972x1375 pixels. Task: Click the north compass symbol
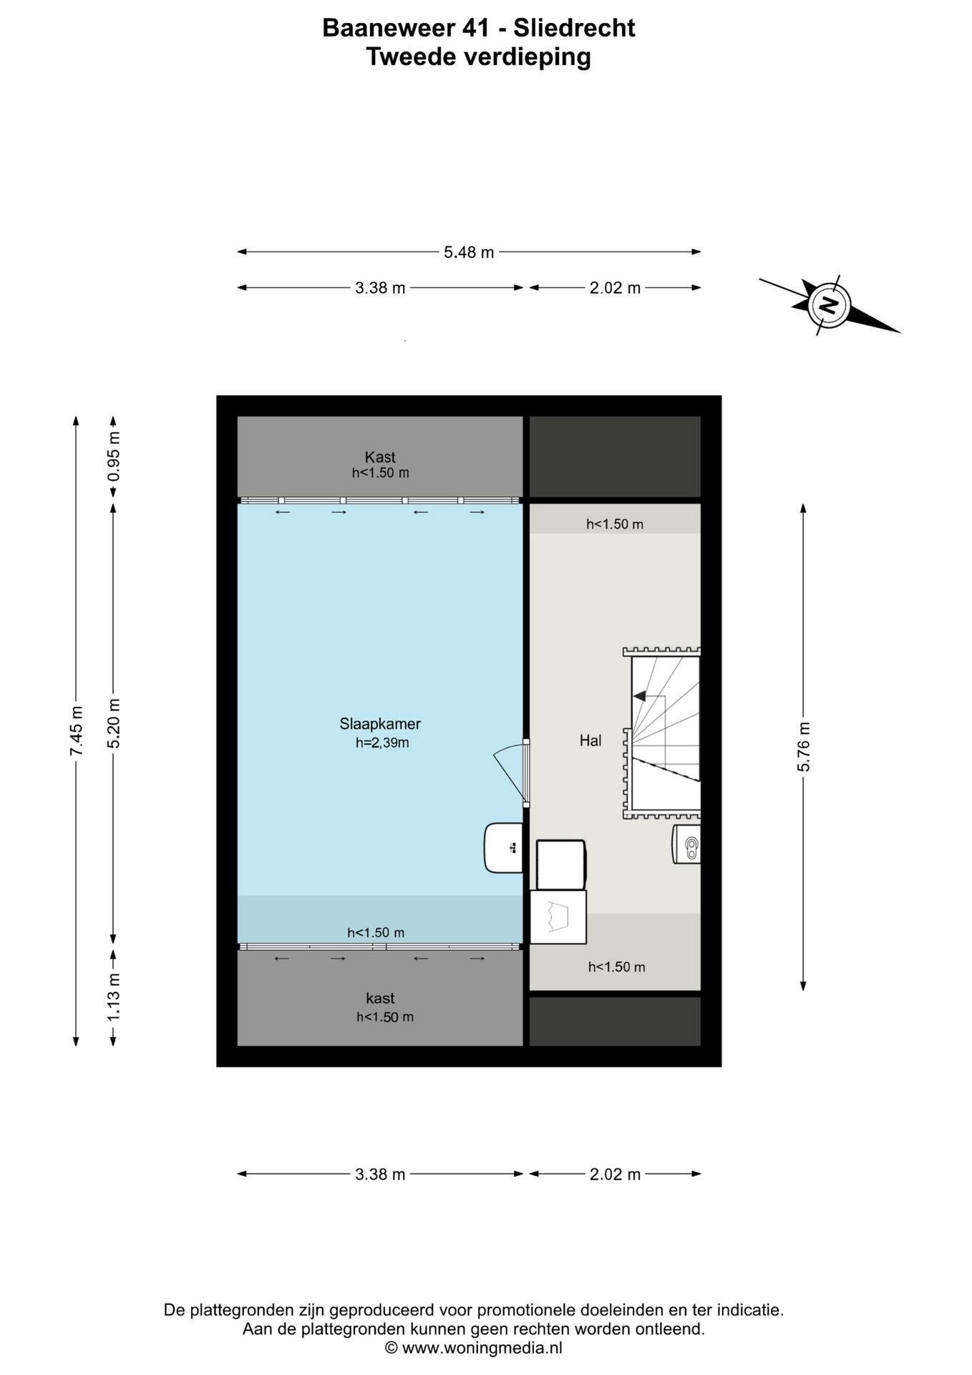829,305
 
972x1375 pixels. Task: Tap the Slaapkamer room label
380,723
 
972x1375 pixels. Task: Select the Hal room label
591,740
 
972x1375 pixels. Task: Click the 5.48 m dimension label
469,252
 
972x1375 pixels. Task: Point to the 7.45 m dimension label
76,730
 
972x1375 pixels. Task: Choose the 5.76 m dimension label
803,747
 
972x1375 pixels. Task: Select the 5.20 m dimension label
113,723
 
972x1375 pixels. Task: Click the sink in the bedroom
504,848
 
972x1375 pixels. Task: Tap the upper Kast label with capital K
380,457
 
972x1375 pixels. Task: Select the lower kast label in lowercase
380,998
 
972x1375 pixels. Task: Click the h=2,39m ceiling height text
382,743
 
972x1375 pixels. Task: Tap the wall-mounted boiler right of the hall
686,845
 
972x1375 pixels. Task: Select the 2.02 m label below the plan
615,1174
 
